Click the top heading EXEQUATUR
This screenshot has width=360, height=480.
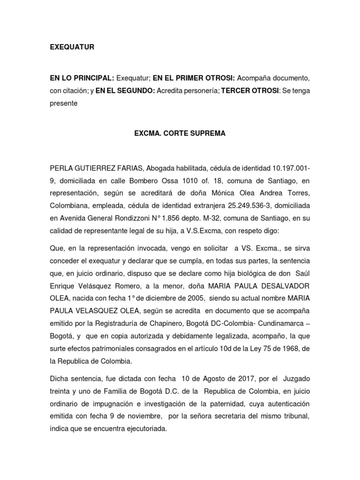[x=72, y=47]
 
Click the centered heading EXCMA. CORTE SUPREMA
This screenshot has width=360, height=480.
[x=180, y=134]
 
